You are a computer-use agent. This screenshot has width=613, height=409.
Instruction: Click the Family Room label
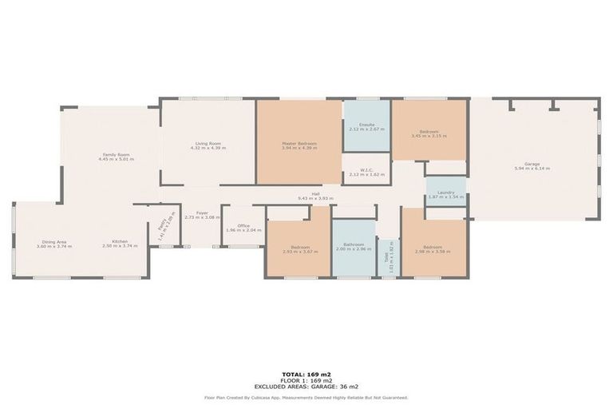tap(116, 154)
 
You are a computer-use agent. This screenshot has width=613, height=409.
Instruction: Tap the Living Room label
tap(208, 144)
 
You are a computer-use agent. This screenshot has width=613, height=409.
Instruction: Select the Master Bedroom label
tap(299, 144)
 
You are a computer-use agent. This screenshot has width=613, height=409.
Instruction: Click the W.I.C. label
tap(366, 169)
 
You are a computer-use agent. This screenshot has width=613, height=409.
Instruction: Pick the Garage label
tap(532, 165)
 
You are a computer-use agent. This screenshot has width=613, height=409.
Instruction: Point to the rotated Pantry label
tap(161, 227)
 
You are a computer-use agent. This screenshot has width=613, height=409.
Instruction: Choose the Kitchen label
tap(120, 242)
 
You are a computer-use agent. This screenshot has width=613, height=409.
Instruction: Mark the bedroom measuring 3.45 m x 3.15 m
tap(429, 133)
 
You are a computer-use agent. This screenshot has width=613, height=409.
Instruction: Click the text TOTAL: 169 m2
tap(306, 374)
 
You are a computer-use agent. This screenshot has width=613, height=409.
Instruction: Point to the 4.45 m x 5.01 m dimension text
tap(116, 159)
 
